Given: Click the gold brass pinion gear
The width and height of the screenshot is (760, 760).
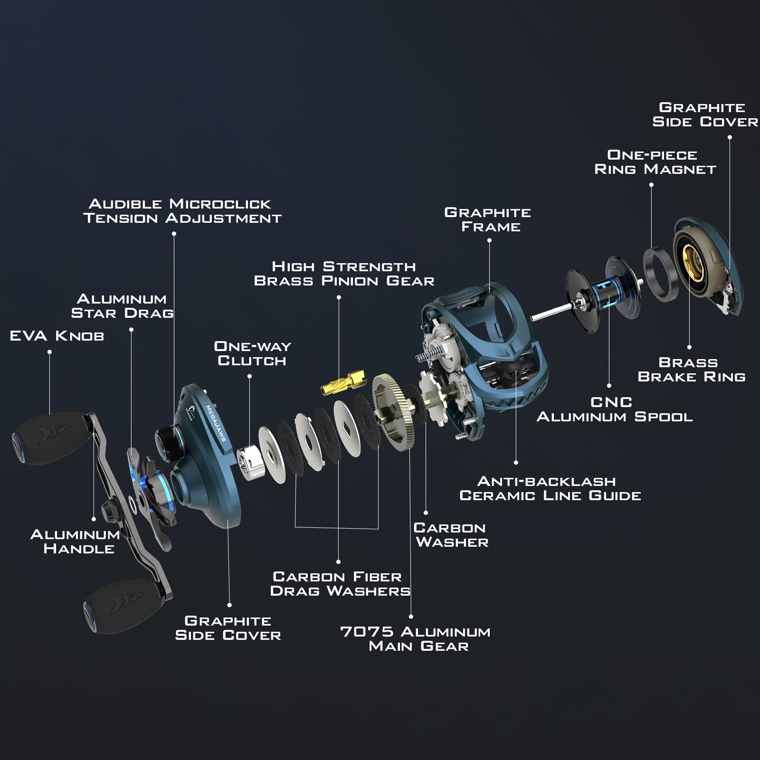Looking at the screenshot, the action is [342, 383].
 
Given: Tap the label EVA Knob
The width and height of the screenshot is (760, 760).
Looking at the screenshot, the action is [57, 336].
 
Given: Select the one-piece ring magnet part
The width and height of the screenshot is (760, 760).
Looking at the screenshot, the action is [661, 274].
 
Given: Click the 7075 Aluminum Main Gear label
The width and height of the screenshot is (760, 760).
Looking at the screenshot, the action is [416, 639].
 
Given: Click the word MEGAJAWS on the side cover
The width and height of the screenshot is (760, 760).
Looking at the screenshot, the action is [215, 423].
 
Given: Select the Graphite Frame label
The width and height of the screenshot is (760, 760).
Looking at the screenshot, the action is [488, 219].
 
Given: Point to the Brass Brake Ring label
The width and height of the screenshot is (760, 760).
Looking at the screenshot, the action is [691, 370].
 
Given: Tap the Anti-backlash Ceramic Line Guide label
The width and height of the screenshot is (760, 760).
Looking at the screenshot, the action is [550, 488].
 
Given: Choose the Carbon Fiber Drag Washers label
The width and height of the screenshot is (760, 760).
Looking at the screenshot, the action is [340, 584].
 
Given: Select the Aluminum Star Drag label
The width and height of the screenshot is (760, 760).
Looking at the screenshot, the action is [122, 306].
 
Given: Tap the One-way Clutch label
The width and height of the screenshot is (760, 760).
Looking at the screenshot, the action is [252, 353].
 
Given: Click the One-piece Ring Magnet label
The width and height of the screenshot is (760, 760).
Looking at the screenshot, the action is [655, 162].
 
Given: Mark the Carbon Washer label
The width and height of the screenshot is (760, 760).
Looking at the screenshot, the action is [451, 535].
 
